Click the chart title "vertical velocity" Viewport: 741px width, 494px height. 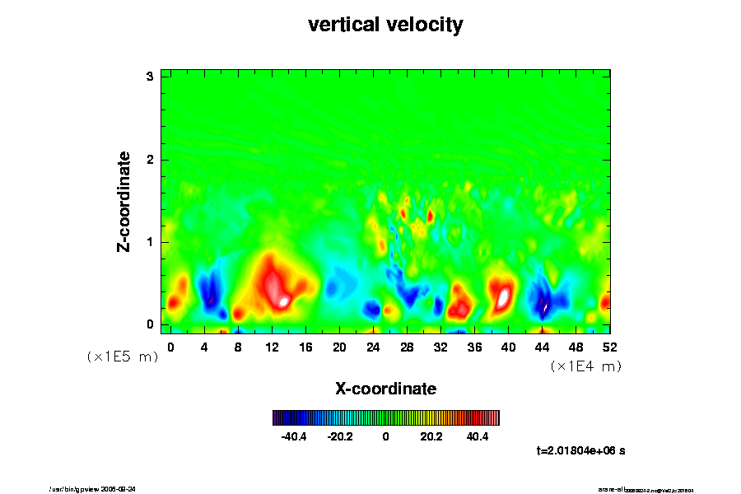pyautogui.click(x=385, y=25)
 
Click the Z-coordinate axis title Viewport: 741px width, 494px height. pyautogui.click(x=124, y=200)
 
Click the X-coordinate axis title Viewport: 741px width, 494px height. pyautogui.click(x=385, y=388)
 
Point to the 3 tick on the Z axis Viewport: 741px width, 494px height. pyautogui.click(x=151, y=77)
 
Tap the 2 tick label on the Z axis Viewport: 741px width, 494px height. pyautogui.click(x=151, y=159)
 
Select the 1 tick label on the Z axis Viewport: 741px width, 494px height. pyautogui.click(x=151, y=242)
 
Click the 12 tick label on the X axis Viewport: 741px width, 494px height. pyautogui.click(x=272, y=347)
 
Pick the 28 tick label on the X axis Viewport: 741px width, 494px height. pyautogui.click(x=407, y=347)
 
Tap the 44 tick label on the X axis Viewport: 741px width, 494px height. pyautogui.click(x=543, y=347)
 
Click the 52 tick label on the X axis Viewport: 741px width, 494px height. pyautogui.click(x=610, y=347)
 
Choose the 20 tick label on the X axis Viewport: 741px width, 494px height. pyautogui.click(x=339, y=347)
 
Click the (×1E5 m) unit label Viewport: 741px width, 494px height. pyautogui.click(x=123, y=357)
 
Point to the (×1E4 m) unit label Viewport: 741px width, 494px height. pyautogui.click(x=585, y=366)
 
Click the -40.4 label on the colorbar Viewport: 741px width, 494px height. pyautogui.click(x=294, y=436)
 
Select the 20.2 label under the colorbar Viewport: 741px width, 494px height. pyautogui.click(x=431, y=436)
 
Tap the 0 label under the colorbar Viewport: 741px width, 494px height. pyautogui.click(x=385, y=436)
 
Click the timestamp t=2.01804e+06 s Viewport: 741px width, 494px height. pyautogui.click(x=580, y=451)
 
